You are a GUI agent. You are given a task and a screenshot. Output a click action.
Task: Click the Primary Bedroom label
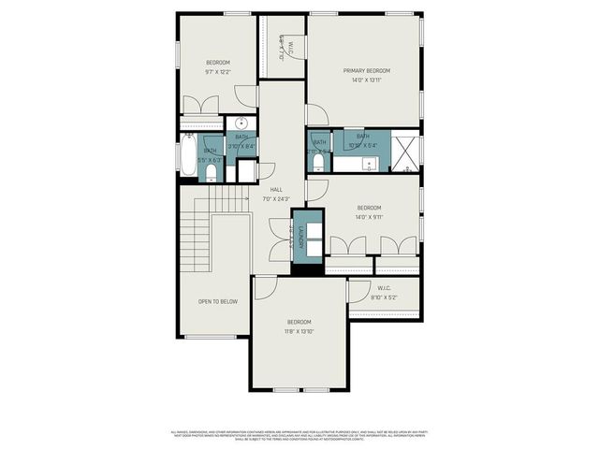[366, 70]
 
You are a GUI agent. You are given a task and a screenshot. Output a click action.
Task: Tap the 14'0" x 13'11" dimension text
[366, 80]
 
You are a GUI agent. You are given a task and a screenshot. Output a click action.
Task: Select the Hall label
[277, 189]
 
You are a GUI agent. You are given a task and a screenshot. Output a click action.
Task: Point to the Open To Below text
[217, 302]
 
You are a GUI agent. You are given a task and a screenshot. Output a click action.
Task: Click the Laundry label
[302, 239]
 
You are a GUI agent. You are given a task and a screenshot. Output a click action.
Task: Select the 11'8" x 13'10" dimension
[299, 331]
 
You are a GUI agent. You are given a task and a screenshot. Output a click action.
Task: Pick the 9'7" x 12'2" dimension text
[218, 72]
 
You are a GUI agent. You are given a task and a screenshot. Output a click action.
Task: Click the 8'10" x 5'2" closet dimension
[384, 297]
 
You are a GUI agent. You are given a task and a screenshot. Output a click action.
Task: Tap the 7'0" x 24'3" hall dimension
[277, 198]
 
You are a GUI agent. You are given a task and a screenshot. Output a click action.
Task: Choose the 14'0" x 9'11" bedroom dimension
[370, 217]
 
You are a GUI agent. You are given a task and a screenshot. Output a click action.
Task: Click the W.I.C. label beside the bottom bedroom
[384, 288]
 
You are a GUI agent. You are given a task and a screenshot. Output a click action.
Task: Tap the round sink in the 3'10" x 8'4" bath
[241, 123]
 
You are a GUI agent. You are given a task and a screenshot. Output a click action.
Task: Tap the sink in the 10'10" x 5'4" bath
[370, 164]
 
